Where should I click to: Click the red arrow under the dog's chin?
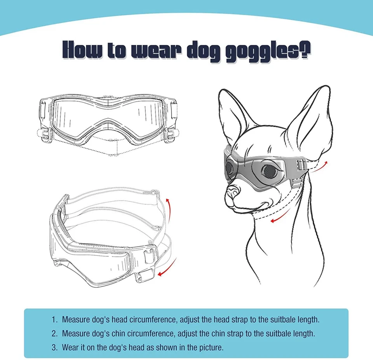pyautogui.click(x=277, y=220)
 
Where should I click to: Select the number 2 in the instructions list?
pyautogui.click(x=54, y=334)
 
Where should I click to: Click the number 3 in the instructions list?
pyautogui.click(x=54, y=347)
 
